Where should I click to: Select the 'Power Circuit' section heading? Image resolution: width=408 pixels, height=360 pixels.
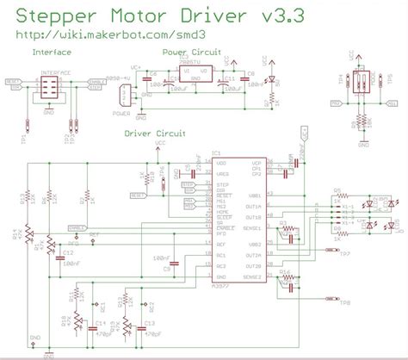coord(191,53)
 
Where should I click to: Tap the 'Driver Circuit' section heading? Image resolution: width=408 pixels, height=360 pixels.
coord(154,134)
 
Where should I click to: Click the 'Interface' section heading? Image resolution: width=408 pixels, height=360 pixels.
coord(51,53)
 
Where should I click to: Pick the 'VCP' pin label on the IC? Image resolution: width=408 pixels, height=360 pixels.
coord(256,163)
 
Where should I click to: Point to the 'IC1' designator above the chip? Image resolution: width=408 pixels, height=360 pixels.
coord(218,153)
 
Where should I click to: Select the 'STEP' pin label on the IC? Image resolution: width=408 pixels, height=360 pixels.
coord(221,184)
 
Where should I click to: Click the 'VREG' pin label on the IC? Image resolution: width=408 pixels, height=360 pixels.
coord(222,173)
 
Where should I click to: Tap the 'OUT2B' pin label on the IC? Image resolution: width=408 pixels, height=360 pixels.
coord(253,266)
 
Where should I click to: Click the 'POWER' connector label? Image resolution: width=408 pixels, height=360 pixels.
coord(121,112)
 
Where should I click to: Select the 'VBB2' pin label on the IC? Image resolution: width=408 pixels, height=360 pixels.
coord(254,245)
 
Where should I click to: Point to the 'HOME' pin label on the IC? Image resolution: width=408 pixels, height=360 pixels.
coord(221,211)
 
